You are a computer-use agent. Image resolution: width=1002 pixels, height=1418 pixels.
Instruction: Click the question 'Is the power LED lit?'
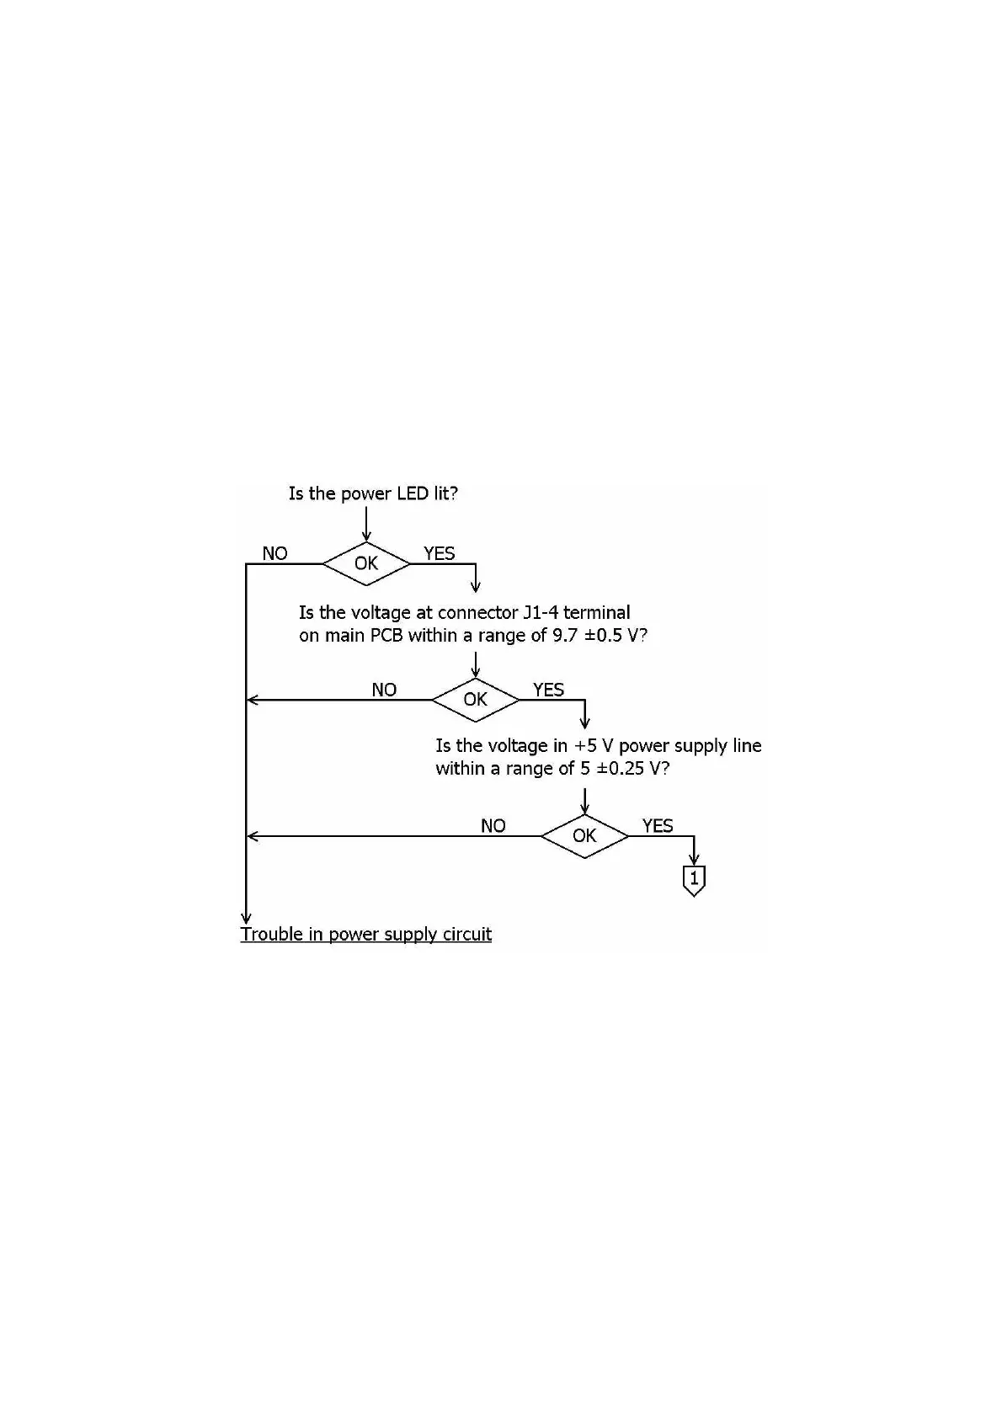373,493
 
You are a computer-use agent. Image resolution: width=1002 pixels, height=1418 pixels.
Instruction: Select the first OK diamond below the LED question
366,563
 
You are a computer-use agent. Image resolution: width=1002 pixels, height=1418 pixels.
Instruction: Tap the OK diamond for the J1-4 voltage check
475,700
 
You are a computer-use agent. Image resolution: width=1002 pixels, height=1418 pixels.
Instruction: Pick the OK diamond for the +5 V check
584,836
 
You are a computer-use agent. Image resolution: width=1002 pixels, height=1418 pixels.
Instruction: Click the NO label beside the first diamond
274,553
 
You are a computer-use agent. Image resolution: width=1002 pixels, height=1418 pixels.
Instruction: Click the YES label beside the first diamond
439,553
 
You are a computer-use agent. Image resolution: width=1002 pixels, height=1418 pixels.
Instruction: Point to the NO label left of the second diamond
384,690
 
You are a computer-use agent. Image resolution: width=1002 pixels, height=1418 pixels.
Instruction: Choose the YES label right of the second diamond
548,690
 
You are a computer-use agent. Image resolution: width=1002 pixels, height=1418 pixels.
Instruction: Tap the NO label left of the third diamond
493,826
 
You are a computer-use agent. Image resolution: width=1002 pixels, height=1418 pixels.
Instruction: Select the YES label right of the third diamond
658,826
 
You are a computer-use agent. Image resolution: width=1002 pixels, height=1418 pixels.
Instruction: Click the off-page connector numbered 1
694,880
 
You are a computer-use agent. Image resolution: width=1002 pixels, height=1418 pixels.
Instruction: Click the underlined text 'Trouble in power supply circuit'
366,934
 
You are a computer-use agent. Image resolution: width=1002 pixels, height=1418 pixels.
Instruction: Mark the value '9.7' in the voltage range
564,636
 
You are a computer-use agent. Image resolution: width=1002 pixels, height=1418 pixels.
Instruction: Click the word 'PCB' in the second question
387,636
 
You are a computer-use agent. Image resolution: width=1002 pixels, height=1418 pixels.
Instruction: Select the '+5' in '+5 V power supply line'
585,746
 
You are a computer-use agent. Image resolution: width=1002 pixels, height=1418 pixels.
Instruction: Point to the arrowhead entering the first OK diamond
366,536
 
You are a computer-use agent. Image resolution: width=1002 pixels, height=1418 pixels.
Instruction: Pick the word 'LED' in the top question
413,493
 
